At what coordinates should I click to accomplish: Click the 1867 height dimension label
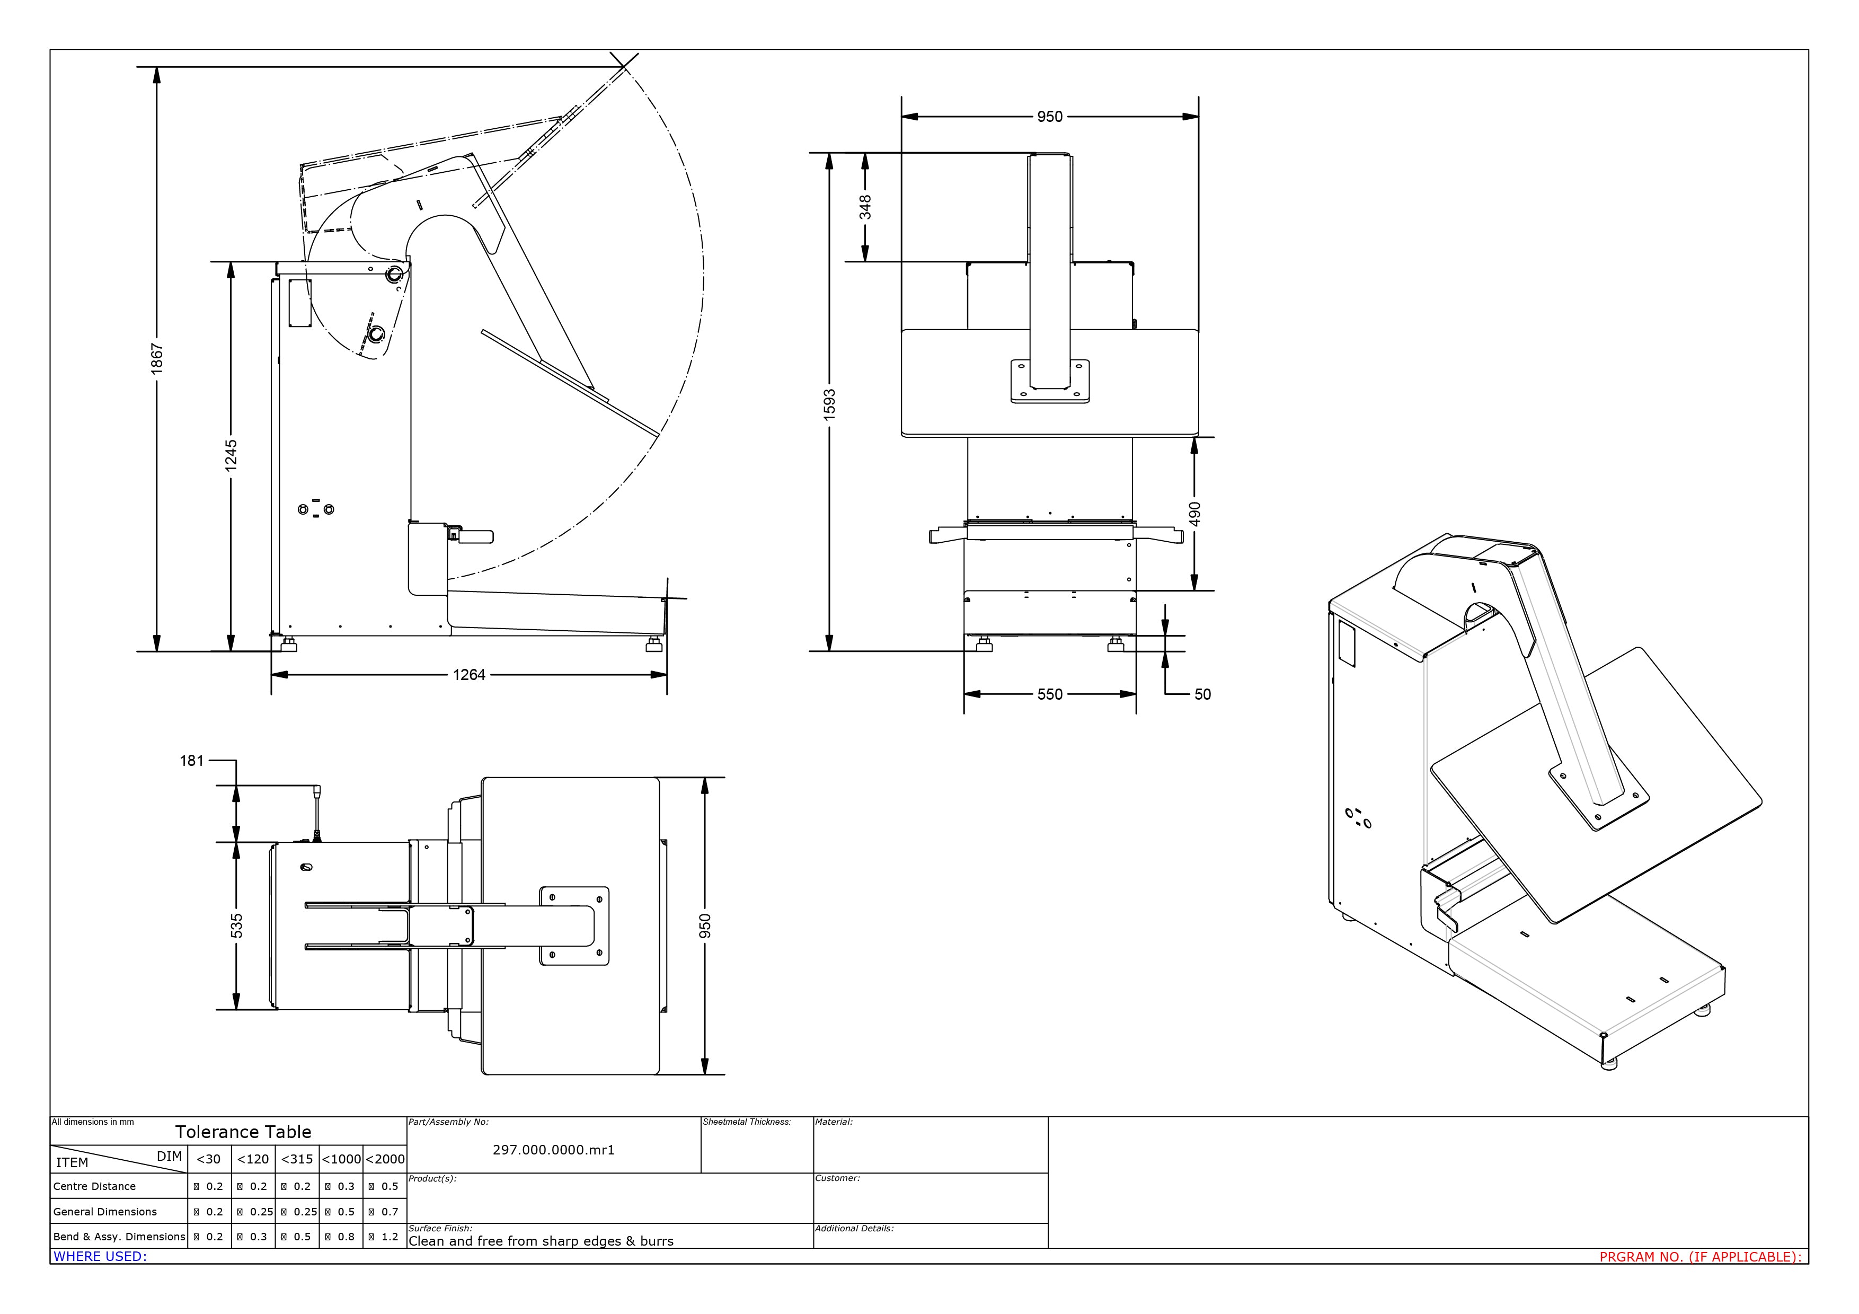coord(157,357)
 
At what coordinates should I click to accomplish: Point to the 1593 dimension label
coord(829,404)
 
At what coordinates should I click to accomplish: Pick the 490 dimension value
coord(1195,513)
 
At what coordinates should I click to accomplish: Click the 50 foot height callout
coord(1202,695)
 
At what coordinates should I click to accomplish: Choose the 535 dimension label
coord(236,925)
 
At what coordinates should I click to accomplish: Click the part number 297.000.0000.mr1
coord(553,1150)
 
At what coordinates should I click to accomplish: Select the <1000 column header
coord(341,1159)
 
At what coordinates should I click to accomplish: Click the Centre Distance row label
coord(95,1186)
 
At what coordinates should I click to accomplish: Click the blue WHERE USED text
coord(100,1257)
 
